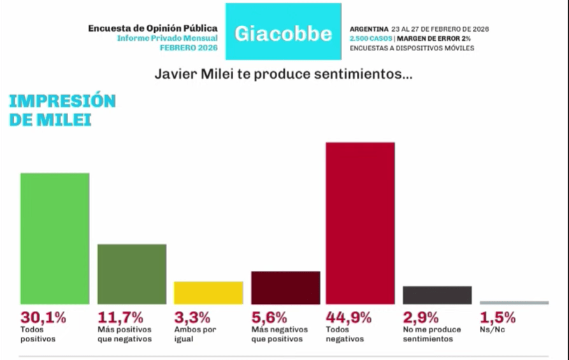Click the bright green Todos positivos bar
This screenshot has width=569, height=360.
55,238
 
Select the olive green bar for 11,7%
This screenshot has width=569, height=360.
132,274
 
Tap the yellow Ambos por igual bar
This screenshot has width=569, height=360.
208,292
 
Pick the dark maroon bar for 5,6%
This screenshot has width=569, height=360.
285,287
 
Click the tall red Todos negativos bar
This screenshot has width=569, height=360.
360,223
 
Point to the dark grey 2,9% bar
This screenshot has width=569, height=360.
437,295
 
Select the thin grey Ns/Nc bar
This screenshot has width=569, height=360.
514,303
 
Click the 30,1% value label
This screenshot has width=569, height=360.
40,317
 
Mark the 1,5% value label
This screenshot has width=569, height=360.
498,317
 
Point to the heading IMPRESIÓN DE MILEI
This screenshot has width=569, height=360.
62,110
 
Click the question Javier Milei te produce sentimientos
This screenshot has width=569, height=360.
284,75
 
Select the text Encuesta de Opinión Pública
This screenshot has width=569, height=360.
152,29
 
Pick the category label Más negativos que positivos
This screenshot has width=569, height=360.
279,334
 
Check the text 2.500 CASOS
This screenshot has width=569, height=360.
371,39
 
